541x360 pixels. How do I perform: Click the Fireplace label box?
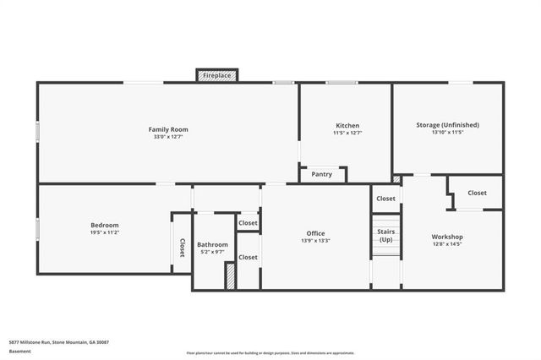(217, 76)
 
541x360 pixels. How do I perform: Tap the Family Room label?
(167, 128)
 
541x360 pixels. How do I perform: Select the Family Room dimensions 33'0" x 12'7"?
(167, 136)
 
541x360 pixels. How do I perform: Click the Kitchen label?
(347, 125)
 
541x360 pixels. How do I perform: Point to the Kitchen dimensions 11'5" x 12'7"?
(347, 133)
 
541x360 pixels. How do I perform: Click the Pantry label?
(322, 174)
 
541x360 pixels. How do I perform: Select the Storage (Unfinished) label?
(447, 125)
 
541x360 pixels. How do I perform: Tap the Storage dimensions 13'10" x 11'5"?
(447, 133)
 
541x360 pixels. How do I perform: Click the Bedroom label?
(105, 225)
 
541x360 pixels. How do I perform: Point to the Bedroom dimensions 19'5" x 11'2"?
(105, 232)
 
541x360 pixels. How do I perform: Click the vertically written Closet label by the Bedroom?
(182, 248)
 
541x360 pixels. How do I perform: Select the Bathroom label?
(212, 243)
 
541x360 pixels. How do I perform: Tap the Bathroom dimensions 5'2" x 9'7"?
(212, 251)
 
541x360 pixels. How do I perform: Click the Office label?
(315, 233)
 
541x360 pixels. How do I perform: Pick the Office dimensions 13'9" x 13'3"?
(315, 241)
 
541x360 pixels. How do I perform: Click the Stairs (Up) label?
(385, 235)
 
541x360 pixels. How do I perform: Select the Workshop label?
(447, 237)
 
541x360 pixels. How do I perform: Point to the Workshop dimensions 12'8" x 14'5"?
(447, 244)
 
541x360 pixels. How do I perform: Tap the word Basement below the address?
(19, 351)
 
